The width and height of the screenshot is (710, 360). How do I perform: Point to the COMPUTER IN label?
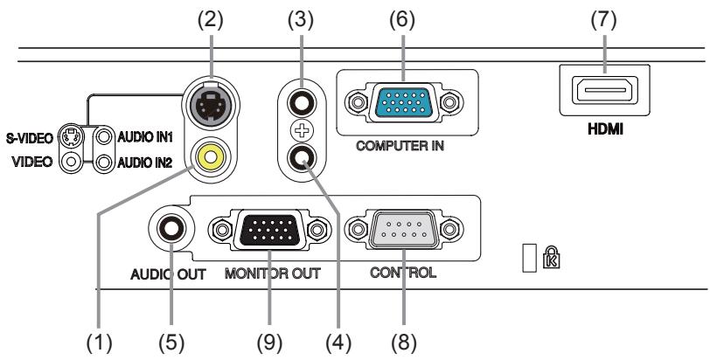coord(400,145)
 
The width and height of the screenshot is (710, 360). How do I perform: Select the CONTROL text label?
coord(403,272)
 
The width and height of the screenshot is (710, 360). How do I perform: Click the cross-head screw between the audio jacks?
coord(302,133)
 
